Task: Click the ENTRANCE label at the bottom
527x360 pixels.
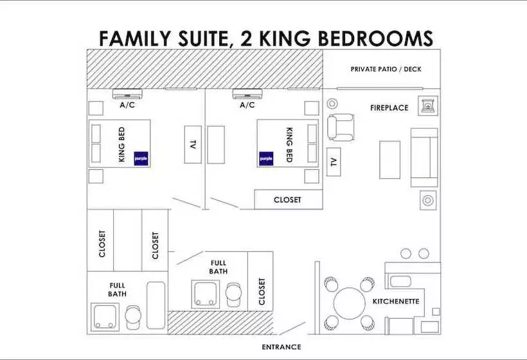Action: [281, 347]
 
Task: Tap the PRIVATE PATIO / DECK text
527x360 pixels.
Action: [386, 69]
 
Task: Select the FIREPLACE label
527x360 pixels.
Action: [389, 108]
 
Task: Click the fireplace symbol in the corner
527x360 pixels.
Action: [427, 105]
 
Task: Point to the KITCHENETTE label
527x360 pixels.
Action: [396, 301]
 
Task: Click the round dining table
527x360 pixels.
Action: [349, 302]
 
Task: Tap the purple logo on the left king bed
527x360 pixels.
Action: [141, 157]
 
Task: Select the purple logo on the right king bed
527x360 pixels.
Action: [266, 157]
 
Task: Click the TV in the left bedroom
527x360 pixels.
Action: [192, 144]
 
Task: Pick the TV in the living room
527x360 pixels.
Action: [333, 161]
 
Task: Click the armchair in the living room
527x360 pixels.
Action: [341, 127]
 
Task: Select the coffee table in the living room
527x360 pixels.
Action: [389, 159]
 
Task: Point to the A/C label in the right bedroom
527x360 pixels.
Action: [247, 105]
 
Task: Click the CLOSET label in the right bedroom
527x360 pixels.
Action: [287, 200]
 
